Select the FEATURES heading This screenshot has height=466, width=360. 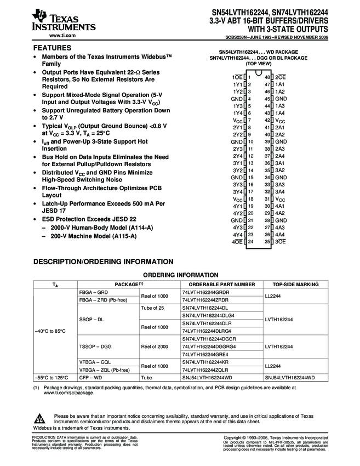(52, 48)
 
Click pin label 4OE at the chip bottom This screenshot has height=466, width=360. (237, 242)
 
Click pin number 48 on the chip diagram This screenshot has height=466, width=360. (267, 77)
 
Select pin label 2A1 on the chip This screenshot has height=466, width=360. (279, 127)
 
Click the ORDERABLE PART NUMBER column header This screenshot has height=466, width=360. (222, 285)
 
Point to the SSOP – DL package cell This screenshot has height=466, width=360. (92, 319)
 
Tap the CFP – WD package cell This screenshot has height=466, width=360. (91, 378)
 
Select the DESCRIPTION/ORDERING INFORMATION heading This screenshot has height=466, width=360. (104, 262)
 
